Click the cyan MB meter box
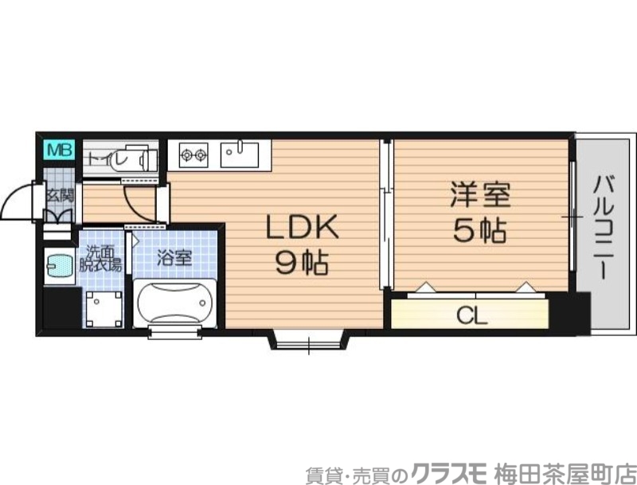click(59, 149)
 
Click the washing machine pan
click(104, 308)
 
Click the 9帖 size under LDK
click(302, 264)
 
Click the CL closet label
click(471, 315)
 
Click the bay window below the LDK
click(310, 341)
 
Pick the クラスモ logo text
click(451, 470)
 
